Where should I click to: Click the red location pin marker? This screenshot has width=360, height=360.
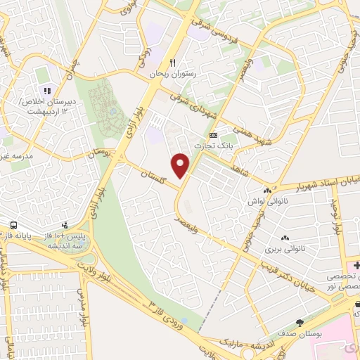[181, 165]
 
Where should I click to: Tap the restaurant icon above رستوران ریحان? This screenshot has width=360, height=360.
[163, 62]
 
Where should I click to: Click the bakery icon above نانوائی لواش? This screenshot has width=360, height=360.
[267, 191]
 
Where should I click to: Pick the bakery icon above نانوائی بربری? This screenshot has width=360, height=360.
[285, 238]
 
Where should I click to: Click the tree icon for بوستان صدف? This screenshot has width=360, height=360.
[300, 323]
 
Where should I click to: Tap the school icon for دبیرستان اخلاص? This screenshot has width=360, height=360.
[48, 90]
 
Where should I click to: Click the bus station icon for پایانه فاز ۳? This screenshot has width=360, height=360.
[13, 225]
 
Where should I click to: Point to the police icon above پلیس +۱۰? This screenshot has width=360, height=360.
[65, 226]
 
